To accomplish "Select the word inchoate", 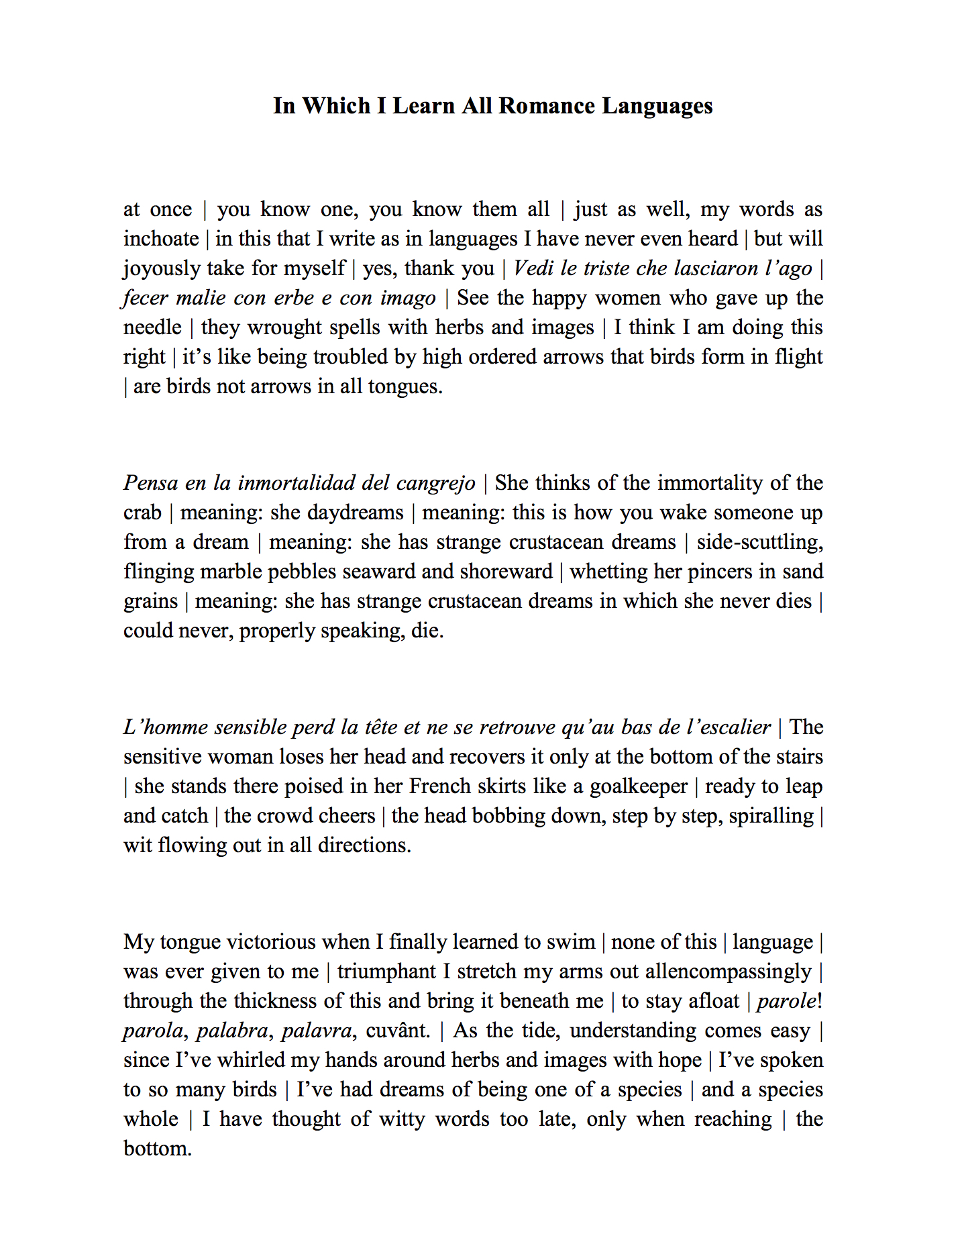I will click(x=161, y=239).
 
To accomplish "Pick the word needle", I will click(x=152, y=327).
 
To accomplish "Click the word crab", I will click(x=142, y=513).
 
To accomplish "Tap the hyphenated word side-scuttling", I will click(x=759, y=542).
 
